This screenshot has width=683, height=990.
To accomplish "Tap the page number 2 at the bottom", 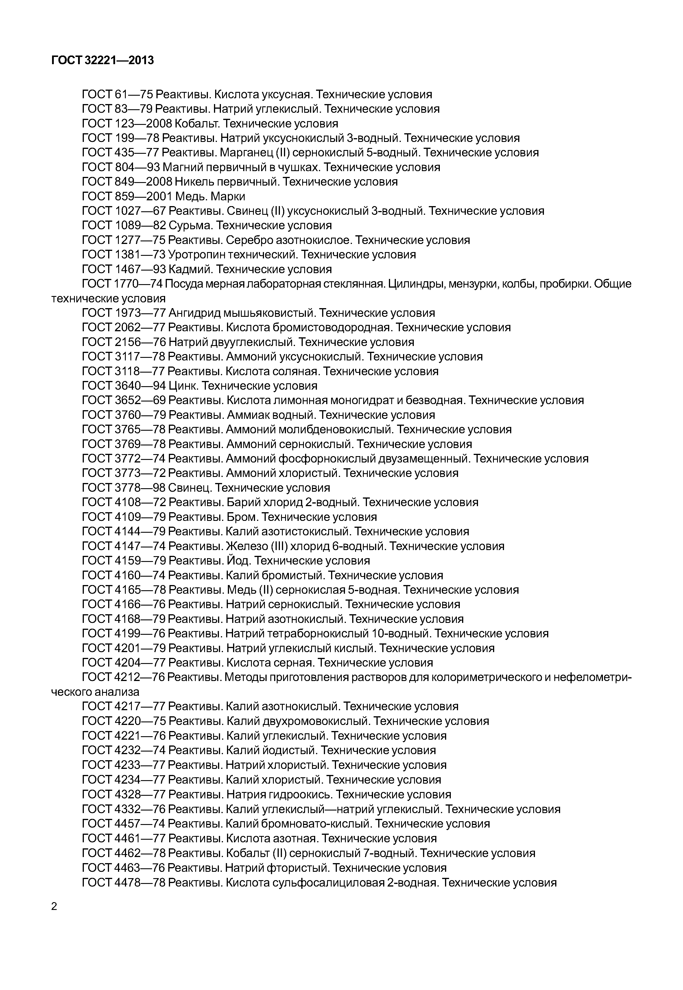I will click(54, 906).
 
